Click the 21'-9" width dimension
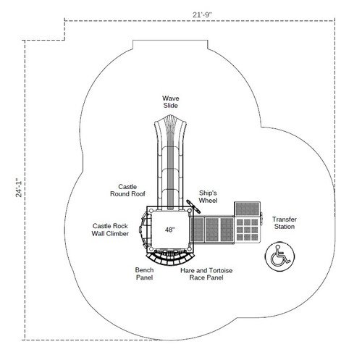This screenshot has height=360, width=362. (x=202, y=14)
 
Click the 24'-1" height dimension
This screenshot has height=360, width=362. (x=19, y=188)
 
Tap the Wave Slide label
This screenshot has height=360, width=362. (x=171, y=102)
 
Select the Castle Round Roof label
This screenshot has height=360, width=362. (x=127, y=191)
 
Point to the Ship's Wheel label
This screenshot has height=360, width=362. (x=208, y=196)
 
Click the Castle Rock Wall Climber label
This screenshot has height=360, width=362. (x=110, y=230)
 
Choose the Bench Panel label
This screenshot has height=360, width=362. (x=144, y=274)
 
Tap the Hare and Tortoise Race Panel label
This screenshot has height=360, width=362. (x=206, y=274)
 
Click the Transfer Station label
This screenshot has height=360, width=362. (x=285, y=223)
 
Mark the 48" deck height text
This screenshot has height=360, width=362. (x=169, y=230)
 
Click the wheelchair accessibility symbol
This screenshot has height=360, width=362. (x=279, y=256)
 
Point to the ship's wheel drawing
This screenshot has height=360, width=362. (x=193, y=206)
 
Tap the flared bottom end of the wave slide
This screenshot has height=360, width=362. (x=171, y=123)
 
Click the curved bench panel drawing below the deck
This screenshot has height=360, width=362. (x=171, y=258)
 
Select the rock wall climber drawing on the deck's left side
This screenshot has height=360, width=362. (x=144, y=229)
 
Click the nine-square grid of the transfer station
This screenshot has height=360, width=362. (x=247, y=230)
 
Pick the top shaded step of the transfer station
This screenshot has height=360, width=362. (x=248, y=209)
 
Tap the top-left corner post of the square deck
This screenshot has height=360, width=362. (x=151, y=211)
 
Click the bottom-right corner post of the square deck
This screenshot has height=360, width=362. (x=190, y=248)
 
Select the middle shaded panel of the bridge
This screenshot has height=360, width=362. (x=211, y=230)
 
